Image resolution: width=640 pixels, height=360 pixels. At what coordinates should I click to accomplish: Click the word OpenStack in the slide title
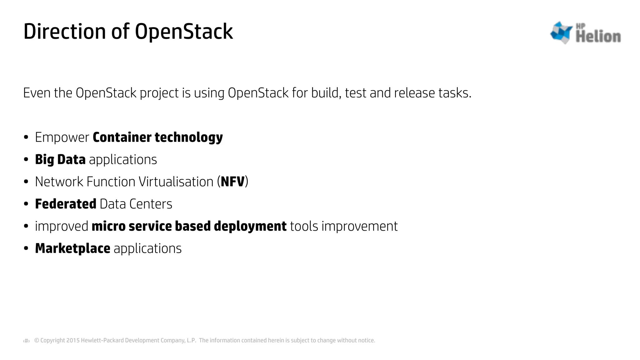point(184,32)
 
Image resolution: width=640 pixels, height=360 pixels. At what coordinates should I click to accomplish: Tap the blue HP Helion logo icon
point(561,32)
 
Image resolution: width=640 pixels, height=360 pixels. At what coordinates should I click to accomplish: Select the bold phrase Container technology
point(158,137)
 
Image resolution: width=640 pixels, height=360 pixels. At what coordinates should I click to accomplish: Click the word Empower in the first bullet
point(62,137)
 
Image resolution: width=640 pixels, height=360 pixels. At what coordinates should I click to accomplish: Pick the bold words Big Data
point(60,160)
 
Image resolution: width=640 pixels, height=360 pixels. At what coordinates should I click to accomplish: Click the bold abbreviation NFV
point(232,182)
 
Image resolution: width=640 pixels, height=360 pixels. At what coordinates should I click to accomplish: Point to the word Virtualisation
point(176,182)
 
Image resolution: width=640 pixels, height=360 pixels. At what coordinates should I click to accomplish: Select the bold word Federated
point(66,204)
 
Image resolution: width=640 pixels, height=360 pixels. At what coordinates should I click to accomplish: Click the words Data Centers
point(136,204)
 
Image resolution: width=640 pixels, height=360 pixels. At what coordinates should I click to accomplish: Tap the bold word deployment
point(250,226)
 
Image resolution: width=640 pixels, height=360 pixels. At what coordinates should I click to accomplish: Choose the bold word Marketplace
point(72,248)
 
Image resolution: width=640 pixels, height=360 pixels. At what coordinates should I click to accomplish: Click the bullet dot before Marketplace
point(26,249)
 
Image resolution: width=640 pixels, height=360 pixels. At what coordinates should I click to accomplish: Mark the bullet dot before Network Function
point(26,182)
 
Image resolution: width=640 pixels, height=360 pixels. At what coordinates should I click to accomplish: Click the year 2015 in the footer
point(73,340)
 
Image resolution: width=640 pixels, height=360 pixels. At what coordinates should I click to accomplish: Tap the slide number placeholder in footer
point(27,341)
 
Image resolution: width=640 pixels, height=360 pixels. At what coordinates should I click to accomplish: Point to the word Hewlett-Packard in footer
point(102,340)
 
